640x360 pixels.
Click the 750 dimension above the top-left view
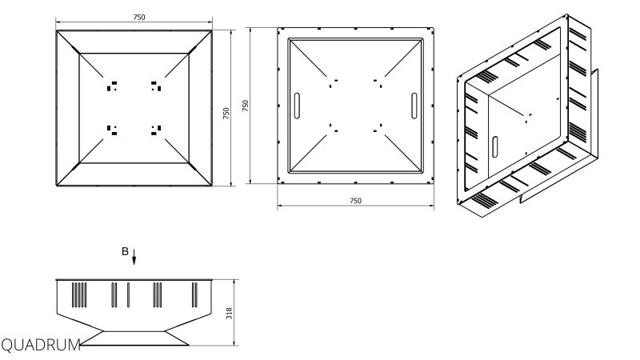pos(138,17)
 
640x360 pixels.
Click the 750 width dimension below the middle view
pos(355,201)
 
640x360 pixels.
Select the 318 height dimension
pos(230,313)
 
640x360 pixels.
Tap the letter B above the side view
pos(125,251)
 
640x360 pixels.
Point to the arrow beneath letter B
pos(134,257)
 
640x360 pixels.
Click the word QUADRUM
pos(41,346)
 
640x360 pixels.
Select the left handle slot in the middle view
pos(297,106)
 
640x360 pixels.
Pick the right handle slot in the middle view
pos(414,106)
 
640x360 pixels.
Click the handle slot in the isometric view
pos(494,147)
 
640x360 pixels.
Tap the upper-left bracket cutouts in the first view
pos(112,86)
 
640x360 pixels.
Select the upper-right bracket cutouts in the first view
pos(156,86)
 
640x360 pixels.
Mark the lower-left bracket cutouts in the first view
pos(112,130)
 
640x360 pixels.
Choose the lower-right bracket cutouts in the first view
pos(156,130)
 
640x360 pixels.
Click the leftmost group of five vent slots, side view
pos(79,294)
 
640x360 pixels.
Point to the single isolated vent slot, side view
pos(128,294)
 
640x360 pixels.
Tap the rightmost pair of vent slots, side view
pos(194,294)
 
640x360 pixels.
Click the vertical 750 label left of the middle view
pos(246,106)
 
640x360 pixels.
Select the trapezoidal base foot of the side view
pos(134,338)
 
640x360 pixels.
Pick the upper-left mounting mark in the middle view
pos(334,83)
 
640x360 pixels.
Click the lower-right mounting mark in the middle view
pos(378,128)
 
